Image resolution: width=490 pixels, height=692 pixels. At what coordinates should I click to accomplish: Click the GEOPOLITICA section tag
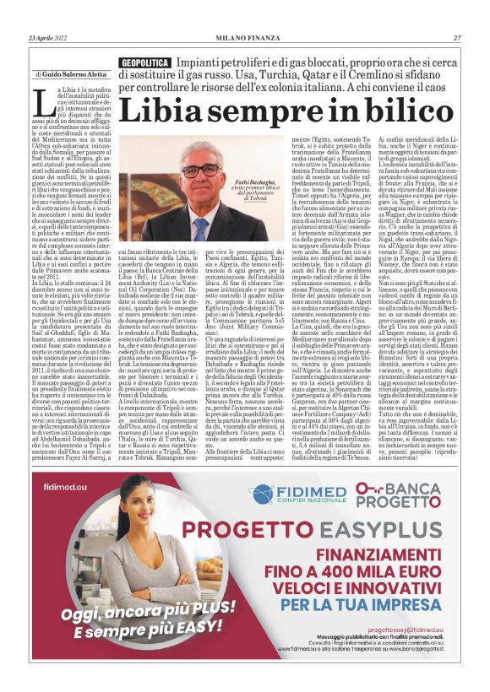pos(144,63)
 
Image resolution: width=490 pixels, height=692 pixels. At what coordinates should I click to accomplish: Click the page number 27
pos(457,38)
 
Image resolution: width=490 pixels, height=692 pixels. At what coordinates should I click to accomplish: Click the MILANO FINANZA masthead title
pos(245,38)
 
